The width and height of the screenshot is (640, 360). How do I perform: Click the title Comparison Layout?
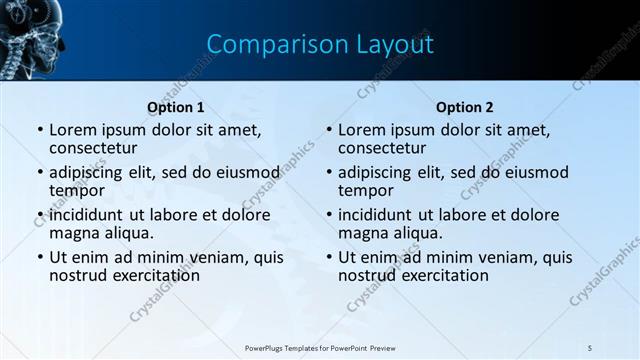pos(320,45)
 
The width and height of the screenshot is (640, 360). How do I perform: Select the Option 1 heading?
pos(176,107)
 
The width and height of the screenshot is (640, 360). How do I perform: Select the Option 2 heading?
pos(464,107)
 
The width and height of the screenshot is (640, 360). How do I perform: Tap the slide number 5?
pos(590,347)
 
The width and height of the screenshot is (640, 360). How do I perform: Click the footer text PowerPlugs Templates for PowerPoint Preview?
pos(320,347)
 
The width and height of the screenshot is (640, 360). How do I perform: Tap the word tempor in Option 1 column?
pos(77,190)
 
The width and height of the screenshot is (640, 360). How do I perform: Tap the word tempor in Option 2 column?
pos(366,190)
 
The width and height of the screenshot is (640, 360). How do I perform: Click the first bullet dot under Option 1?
pos(39,130)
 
